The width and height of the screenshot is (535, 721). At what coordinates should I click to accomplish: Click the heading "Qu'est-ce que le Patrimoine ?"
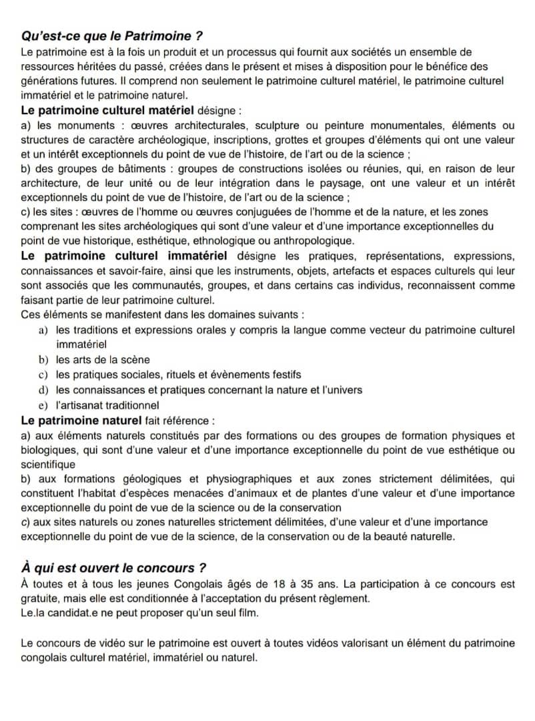(x=111, y=35)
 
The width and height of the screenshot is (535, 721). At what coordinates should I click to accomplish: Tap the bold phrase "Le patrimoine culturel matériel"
(x=107, y=109)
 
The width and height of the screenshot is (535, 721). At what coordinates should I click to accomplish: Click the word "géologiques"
(x=155, y=479)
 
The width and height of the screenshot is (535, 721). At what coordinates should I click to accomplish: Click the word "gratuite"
(x=41, y=598)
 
